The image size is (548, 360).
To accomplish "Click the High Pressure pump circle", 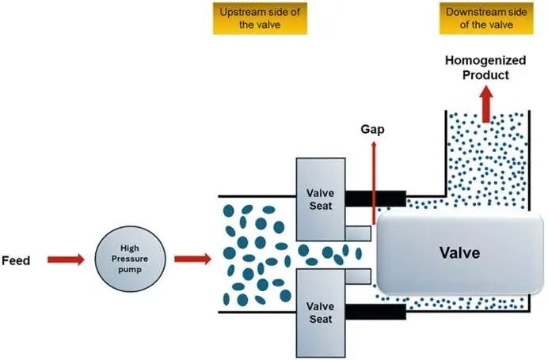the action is [130, 259].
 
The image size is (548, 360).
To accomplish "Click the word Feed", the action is [16, 260].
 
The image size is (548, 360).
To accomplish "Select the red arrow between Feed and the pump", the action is [66, 260].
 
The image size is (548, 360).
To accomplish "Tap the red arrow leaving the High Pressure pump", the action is [193, 259].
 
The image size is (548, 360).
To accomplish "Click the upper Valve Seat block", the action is [321, 199].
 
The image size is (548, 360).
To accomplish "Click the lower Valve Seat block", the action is [321, 313].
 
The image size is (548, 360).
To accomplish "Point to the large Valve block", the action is [459, 253].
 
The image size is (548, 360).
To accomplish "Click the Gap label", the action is [372, 129].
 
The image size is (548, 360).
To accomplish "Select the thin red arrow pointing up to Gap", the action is [374, 183].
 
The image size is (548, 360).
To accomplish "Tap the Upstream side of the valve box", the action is [260, 18].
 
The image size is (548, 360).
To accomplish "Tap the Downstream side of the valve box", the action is [486, 18].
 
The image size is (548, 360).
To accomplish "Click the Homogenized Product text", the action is [485, 67].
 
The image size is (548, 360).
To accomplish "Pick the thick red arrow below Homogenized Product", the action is [485, 104].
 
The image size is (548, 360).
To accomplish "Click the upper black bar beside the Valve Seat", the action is [375, 199].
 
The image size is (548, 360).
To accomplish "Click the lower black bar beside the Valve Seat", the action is [375, 312].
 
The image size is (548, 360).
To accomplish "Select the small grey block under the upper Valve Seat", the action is [358, 233].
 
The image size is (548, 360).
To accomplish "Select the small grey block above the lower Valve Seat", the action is [358, 276].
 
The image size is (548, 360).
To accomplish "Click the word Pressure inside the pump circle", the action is [130, 259].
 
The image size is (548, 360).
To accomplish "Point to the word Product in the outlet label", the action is [485, 75].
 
